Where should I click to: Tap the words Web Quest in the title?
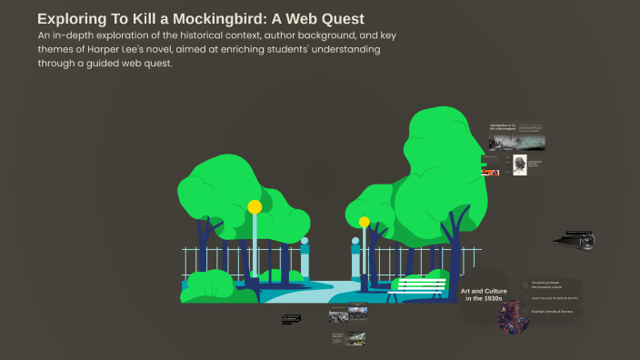317,18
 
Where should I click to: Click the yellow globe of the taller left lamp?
255,207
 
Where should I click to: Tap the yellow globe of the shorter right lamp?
365,222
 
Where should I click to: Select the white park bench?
417,288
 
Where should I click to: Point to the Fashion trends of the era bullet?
553,312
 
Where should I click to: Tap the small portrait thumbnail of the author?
520,165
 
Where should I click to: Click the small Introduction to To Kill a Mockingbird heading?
502,128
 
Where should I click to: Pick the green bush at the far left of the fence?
207,286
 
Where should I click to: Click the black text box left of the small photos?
291,318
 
